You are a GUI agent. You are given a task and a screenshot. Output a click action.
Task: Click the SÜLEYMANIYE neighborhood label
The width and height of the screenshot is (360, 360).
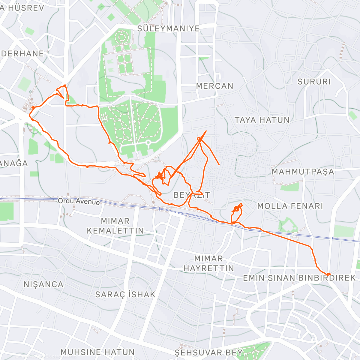[x=168, y=28]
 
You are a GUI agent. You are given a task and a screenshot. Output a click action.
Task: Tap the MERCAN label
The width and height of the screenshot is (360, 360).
[x=214, y=86]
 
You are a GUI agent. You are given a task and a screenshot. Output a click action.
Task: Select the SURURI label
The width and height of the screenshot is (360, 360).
[x=314, y=82]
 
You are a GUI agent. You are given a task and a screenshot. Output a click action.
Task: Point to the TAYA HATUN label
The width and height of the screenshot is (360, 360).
[x=262, y=120]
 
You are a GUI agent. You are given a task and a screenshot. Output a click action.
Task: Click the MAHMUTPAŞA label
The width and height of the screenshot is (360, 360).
[x=303, y=172]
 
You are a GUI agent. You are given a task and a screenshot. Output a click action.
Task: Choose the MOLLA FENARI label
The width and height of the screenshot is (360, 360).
[x=290, y=206]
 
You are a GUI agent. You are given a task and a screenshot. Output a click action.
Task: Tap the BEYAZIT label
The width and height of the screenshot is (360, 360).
[x=192, y=195]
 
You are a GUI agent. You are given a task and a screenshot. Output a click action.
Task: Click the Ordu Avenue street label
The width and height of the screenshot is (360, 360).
[x=79, y=201]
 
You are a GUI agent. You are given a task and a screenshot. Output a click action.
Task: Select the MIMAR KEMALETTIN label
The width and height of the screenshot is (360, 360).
[x=115, y=226]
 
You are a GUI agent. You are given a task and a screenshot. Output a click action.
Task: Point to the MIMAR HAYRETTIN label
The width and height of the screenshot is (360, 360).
[x=208, y=263]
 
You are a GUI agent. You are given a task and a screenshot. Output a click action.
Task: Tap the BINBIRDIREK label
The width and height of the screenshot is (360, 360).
[x=327, y=278]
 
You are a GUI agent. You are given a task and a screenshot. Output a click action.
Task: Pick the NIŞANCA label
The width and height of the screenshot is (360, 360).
[x=43, y=284]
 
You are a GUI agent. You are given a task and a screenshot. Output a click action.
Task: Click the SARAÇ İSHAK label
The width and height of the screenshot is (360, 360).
[x=125, y=294]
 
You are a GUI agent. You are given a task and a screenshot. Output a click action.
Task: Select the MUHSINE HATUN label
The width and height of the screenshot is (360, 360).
[x=97, y=352]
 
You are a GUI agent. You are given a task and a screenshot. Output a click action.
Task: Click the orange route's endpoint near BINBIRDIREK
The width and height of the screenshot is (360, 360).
[x=329, y=274]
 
